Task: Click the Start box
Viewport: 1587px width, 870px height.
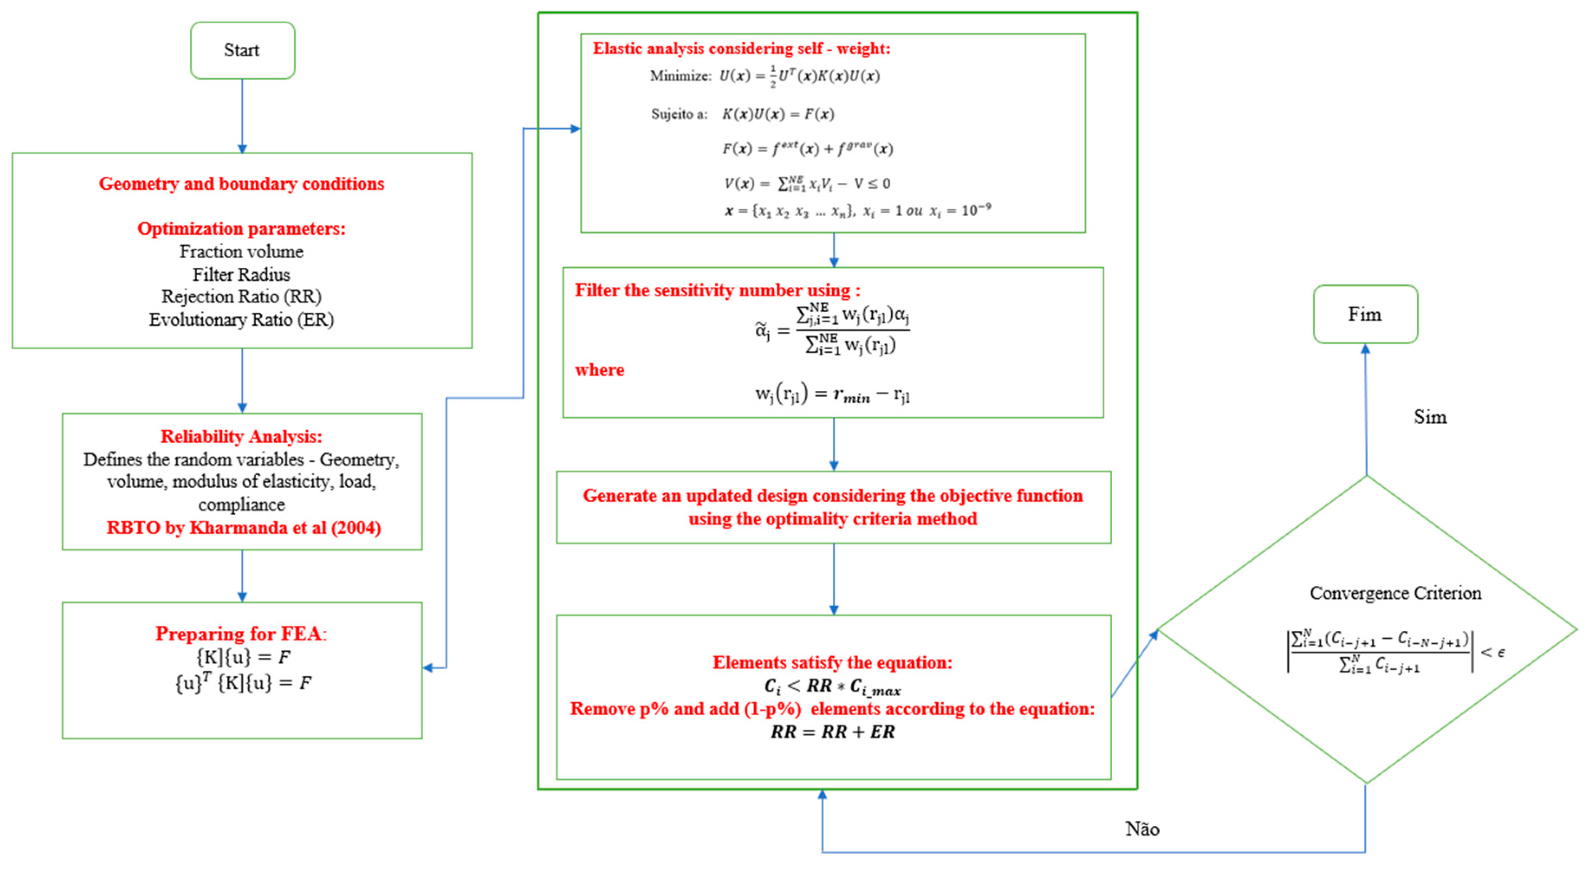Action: tap(242, 51)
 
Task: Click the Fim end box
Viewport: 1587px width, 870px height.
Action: tap(1365, 314)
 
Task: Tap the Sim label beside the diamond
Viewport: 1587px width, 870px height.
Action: tap(1429, 417)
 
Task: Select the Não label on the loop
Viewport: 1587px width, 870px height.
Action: tap(1142, 829)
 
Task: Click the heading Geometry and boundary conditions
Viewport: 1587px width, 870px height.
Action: tap(241, 184)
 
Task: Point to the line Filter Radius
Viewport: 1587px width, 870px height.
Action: tap(241, 274)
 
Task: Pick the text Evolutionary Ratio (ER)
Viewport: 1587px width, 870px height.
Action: tap(241, 320)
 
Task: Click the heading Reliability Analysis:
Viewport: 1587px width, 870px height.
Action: tap(241, 436)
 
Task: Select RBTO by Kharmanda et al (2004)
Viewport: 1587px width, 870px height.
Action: tap(243, 527)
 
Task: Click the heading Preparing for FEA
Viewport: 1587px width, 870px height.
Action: tap(241, 633)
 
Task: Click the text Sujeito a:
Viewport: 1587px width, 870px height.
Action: tap(679, 114)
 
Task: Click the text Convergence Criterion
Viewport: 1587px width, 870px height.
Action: tap(1395, 593)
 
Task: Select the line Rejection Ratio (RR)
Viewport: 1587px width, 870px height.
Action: tap(241, 297)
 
